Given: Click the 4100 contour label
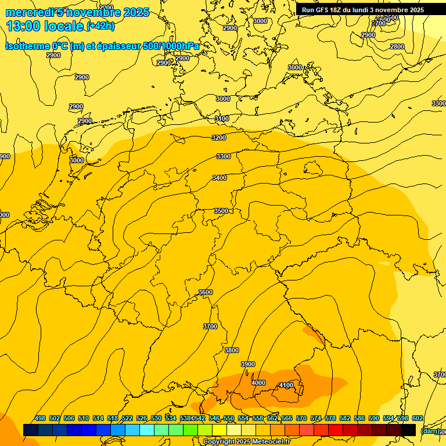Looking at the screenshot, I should coord(286,385).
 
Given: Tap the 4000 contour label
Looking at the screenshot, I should coord(258,383).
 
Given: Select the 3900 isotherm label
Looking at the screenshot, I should coord(248,364).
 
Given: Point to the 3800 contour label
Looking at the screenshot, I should coord(232,350).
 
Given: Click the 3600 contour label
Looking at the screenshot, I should coord(206,292).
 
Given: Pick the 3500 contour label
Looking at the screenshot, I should coord(221,211).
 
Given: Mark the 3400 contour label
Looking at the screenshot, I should coord(220,178).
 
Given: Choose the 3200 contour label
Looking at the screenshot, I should coord(219,138).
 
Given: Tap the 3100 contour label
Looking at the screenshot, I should coord(222,118).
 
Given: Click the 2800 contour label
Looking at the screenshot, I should coord(397,46).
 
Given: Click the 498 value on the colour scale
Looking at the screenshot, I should coord(40,418).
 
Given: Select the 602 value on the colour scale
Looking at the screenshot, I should coord(418,418).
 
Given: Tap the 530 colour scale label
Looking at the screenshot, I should coord(156,418).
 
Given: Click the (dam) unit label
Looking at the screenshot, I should coord(429,431).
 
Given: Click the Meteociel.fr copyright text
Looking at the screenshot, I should coord(246,441).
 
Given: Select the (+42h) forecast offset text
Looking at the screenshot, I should coord(100,26).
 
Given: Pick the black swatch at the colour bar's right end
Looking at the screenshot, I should coord(408,430).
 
